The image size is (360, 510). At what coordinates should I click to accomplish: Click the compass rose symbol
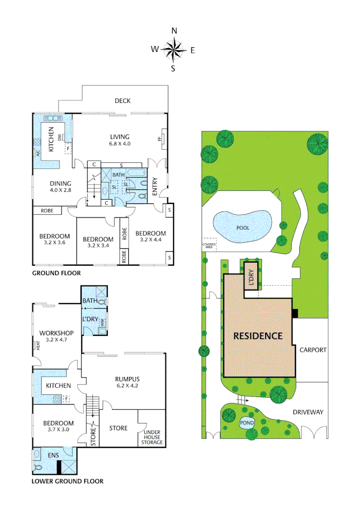click(x=174, y=49)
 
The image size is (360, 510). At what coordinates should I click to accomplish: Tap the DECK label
click(x=122, y=101)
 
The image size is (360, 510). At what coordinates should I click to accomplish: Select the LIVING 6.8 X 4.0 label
click(x=119, y=140)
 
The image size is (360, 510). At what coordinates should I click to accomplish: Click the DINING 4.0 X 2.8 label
click(x=60, y=187)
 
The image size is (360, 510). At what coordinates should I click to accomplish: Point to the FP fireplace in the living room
click(x=159, y=139)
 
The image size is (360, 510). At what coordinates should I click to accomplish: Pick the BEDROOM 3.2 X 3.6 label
click(x=54, y=239)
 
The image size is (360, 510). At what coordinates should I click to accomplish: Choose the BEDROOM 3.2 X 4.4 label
click(x=151, y=236)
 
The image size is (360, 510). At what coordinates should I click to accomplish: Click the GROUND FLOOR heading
click(x=56, y=273)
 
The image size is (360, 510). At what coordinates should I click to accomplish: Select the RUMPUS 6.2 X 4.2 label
click(x=127, y=382)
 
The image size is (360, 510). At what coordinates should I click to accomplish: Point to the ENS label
click(x=53, y=455)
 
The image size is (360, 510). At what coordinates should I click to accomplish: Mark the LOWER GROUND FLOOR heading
click(x=67, y=482)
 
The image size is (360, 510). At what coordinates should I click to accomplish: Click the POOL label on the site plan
click(x=243, y=228)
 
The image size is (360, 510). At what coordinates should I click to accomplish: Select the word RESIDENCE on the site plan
click(x=258, y=336)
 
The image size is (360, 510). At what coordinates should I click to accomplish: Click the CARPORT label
click(x=312, y=350)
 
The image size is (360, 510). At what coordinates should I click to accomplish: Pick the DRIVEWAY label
click(x=308, y=412)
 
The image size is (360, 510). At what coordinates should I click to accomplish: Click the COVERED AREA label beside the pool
click(x=209, y=246)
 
